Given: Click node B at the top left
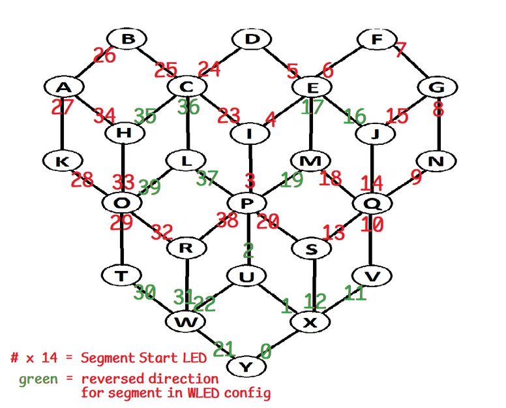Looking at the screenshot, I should tap(128, 40).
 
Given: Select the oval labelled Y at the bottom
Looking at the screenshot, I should tap(245, 367).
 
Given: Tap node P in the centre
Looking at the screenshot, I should tap(246, 204).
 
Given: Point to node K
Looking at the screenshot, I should tap(63, 161).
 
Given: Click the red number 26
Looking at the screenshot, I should tap(104, 56).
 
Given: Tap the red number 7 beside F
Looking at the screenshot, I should tap(400, 50).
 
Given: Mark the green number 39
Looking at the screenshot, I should tap(149, 187).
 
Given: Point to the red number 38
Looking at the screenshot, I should tap(227, 221).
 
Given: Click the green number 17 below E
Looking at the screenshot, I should tap(313, 106).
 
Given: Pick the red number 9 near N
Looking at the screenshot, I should tap(416, 176).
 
